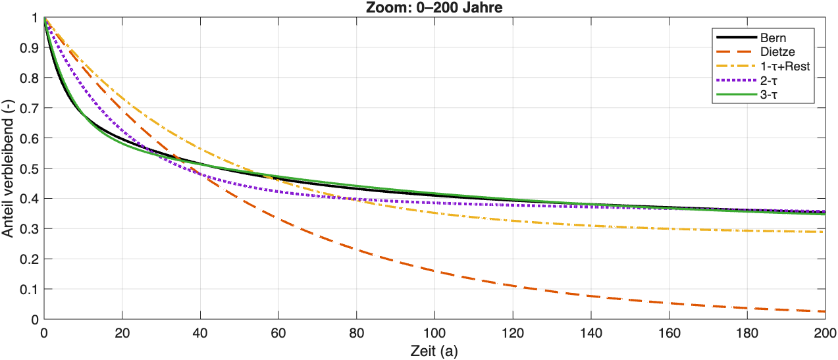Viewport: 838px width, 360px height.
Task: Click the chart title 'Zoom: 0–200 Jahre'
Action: (x=434, y=7)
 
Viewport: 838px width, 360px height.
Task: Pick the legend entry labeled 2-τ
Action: (x=764, y=81)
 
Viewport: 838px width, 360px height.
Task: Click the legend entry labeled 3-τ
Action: (x=764, y=95)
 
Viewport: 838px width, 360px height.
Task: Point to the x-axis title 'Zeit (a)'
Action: (x=434, y=351)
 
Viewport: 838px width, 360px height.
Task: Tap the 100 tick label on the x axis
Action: (x=434, y=332)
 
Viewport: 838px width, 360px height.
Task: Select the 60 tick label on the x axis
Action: (x=278, y=332)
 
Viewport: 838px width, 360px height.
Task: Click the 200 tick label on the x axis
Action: (x=824, y=332)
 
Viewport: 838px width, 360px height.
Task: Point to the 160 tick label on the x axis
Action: (x=669, y=332)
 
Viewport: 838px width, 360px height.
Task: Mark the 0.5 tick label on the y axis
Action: (x=29, y=168)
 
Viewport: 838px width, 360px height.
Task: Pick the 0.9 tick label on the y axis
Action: (x=29, y=47)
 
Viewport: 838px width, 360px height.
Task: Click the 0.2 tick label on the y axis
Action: (x=29, y=259)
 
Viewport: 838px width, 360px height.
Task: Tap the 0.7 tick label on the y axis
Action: (x=29, y=108)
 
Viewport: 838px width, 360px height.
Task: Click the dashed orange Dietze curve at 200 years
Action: (x=824, y=311)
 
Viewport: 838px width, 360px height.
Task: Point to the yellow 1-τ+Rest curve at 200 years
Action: (x=824, y=232)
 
